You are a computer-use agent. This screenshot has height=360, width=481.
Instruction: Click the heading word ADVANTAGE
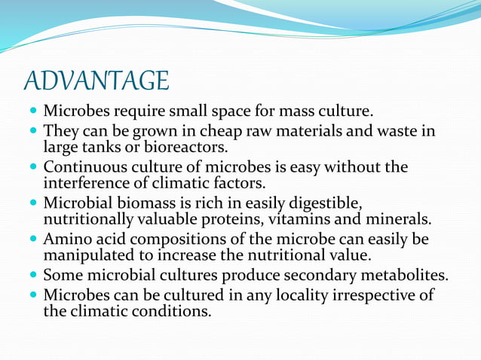[x=96, y=80]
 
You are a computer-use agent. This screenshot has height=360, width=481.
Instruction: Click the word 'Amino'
[x=67, y=239]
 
